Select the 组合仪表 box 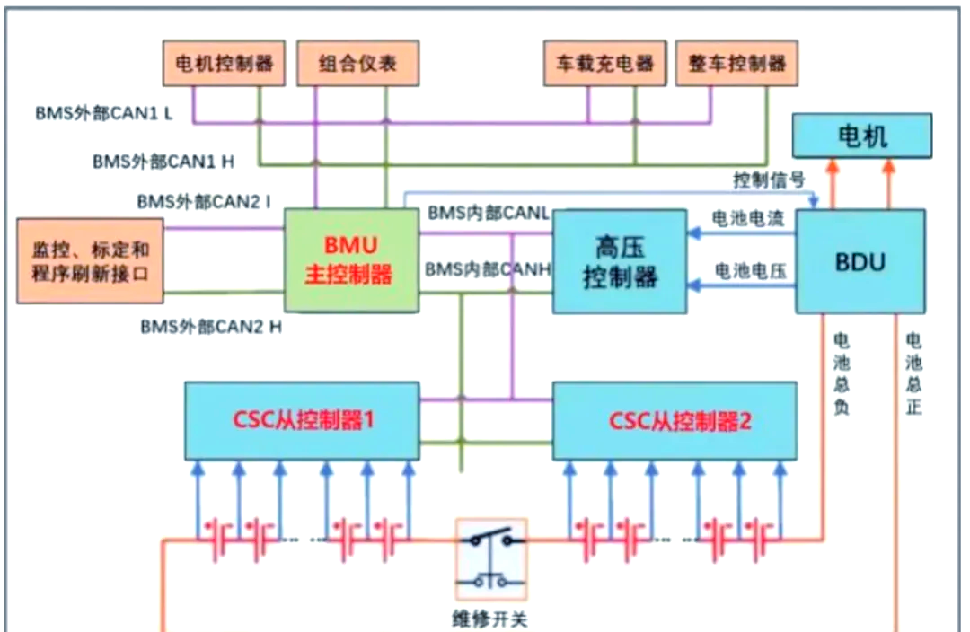(357, 64)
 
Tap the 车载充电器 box (604, 64)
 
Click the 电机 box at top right (862, 136)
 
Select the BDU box (861, 261)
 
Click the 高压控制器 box (620, 261)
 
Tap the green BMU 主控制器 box (351, 260)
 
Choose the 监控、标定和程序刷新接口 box (91, 260)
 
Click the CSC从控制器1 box (302, 420)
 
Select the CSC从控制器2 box (675, 420)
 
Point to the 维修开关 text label (491, 619)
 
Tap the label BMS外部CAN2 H (211, 327)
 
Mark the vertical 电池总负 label (842, 373)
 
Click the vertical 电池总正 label (913, 373)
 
